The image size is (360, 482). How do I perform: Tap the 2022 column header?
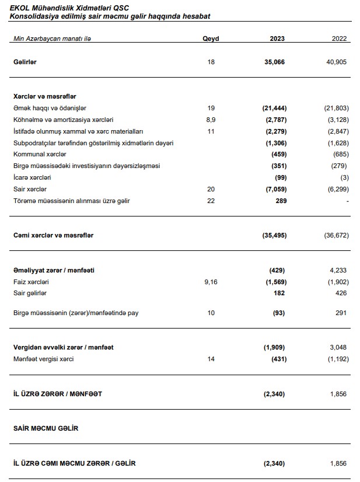tap(339, 39)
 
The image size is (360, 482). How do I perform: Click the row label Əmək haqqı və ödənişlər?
tap(50, 108)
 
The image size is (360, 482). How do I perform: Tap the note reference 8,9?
tap(211, 120)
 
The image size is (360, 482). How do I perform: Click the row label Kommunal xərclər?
tap(40, 154)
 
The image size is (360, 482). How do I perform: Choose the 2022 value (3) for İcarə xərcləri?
tap(344, 177)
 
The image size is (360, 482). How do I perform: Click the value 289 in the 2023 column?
tap(279, 201)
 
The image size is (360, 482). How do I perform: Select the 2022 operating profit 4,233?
tap(338, 270)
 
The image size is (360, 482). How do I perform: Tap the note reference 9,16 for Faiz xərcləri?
tap(211, 281)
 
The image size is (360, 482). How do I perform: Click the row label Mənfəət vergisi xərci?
tap(43, 359)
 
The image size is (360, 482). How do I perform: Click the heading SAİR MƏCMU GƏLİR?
tap(46, 428)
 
